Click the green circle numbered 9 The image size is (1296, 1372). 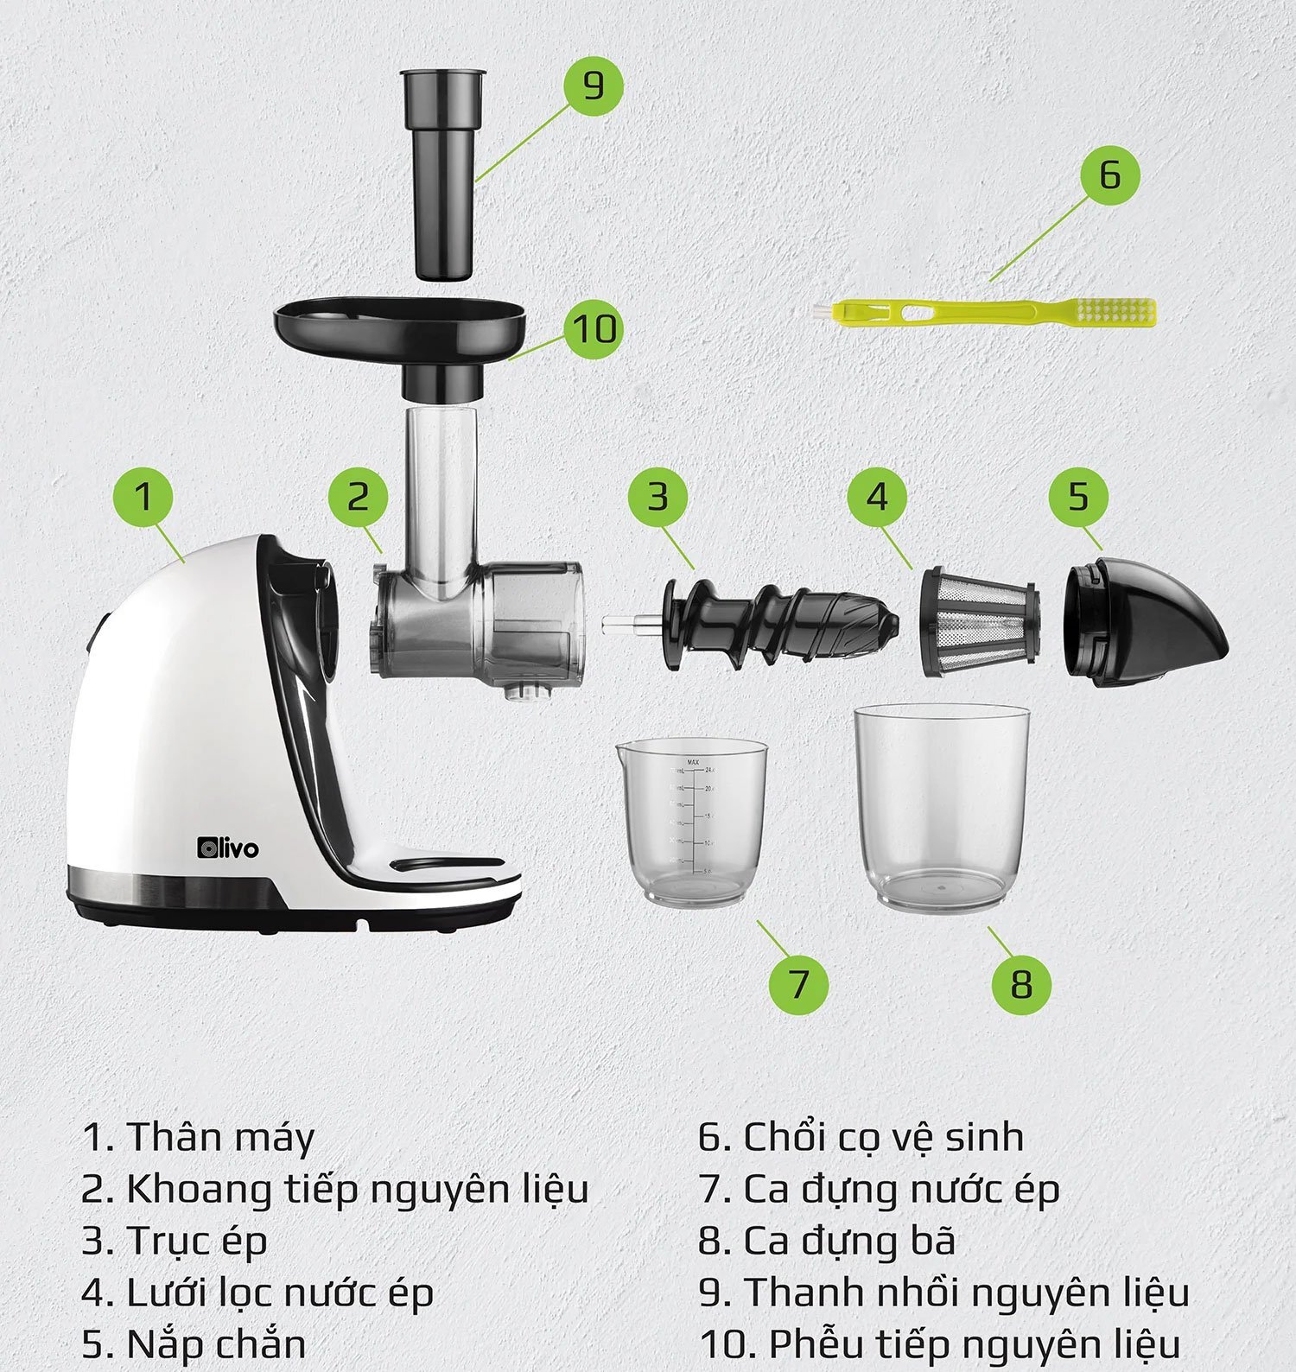593,86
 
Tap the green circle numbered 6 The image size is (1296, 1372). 1109,175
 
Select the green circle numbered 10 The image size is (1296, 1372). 594,329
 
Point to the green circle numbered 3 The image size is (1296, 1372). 658,497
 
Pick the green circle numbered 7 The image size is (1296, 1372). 797,983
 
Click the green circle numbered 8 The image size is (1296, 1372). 1021,983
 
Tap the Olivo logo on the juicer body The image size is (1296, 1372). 227,848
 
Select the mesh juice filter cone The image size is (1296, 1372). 978,621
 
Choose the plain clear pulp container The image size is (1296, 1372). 942,808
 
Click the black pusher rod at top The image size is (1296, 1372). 442,175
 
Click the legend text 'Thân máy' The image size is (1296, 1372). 221,1137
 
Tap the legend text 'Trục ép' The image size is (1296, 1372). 197,1242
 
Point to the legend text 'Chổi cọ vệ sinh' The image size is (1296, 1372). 884,1137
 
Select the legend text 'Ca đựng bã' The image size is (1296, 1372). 850,1241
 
